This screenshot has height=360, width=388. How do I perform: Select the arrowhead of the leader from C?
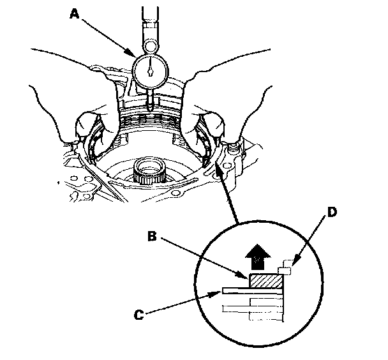pyautogui.click(x=220, y=293)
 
